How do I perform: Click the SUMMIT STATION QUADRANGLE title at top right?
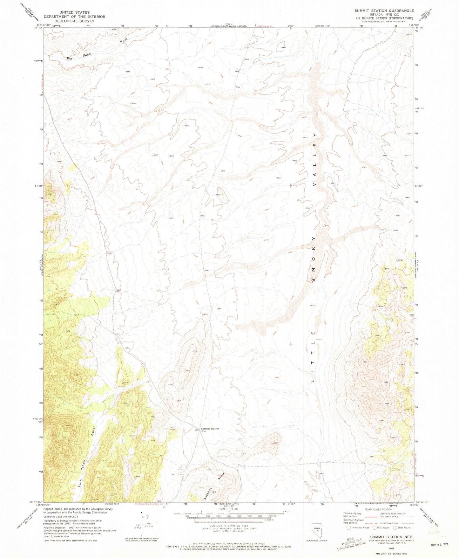[384, 10]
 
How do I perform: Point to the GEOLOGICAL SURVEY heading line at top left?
[74, 21]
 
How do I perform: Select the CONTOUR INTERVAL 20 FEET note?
[228, 526]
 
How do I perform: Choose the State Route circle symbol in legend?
[395, 527]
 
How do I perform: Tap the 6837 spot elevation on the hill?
[275, 443]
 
